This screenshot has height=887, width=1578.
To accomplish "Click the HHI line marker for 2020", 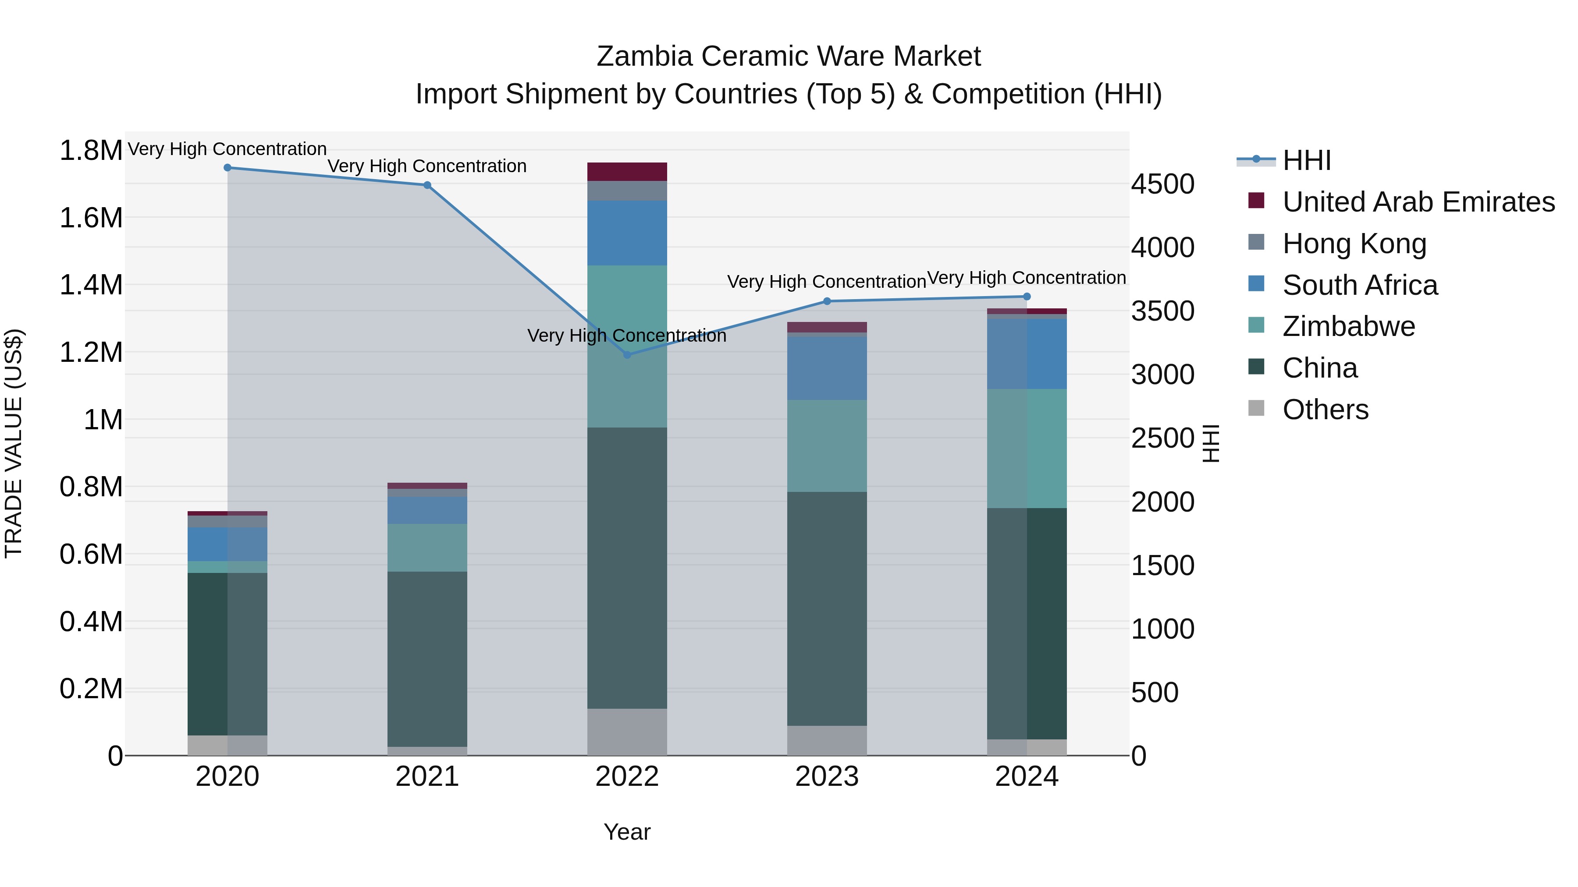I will click(227, 168).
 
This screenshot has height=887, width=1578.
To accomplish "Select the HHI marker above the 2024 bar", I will click(1027, 297).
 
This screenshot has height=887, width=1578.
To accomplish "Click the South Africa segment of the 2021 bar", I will click(427, 511).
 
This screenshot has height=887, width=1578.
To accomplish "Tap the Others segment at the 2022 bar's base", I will click(627, 732).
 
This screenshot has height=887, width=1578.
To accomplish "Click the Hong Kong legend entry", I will click(1354, 244).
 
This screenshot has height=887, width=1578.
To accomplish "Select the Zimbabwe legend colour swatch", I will click(1256, 325).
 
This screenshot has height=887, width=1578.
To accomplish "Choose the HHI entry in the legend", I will click(1306, 160).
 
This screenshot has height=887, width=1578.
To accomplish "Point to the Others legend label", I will click(1325, 410).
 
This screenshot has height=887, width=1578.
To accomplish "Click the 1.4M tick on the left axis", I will click(91, 285).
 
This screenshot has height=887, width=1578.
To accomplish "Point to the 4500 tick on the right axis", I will click(1162, 184).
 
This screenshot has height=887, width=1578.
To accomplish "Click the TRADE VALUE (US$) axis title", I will click(14, 443).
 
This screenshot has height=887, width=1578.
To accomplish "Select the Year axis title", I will click(627, 832).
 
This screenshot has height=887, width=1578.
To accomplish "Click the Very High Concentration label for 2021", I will click(427, 166).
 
